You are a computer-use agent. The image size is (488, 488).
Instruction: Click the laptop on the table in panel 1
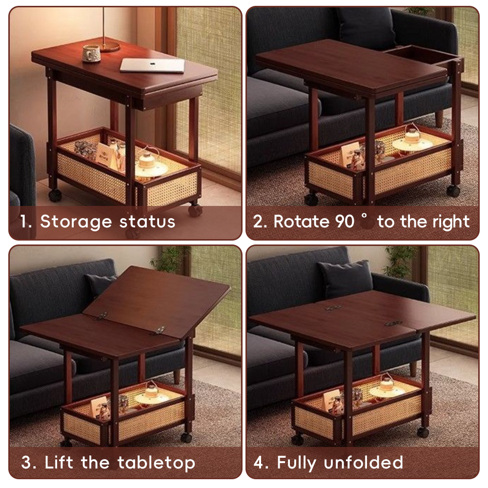[153, 65]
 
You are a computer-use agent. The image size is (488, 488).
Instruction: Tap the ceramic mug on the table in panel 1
[91, 53]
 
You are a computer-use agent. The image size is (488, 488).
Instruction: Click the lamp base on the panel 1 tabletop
[110, 47]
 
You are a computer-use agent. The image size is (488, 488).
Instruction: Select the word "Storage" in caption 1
[76, 222]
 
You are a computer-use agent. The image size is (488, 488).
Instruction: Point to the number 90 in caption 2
[345, 222]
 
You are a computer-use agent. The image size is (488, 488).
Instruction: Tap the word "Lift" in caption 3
[60, 462]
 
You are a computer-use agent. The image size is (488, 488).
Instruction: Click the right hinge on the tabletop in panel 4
[393, 323]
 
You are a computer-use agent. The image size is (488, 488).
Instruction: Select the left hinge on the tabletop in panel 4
[333, 308]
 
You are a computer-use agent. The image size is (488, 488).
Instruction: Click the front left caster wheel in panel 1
[55, 195]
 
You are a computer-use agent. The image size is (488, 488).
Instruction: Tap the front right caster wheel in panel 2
[453, 191]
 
